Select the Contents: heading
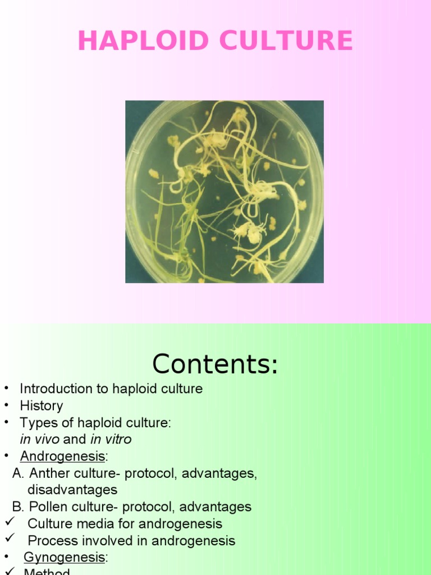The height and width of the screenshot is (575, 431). pos(215,364)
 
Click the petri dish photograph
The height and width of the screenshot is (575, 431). pos(224,191)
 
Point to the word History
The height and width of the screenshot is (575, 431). pos(42,405)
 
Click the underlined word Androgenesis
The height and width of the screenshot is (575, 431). pos(62,456)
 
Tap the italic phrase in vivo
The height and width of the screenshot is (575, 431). pos(39,439)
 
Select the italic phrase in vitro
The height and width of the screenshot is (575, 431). pos(111,439)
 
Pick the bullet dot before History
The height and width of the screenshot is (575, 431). pos(6,405)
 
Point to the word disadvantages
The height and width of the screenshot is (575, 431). pos(72,490)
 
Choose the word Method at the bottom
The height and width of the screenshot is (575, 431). pos(47,572)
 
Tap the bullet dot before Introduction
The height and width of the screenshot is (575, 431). pos(6,389)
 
